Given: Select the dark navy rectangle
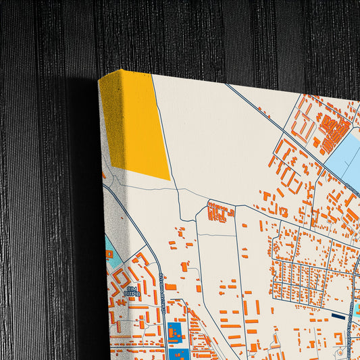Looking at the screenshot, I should click(338, 315).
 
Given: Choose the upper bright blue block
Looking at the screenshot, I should click(174, 332).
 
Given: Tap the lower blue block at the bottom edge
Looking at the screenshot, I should click(180, 355).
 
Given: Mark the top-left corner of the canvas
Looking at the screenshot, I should click(100, 80).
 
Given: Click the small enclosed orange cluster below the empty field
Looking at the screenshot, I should click(220, 213).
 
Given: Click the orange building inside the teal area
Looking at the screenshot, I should click(109, 255).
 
